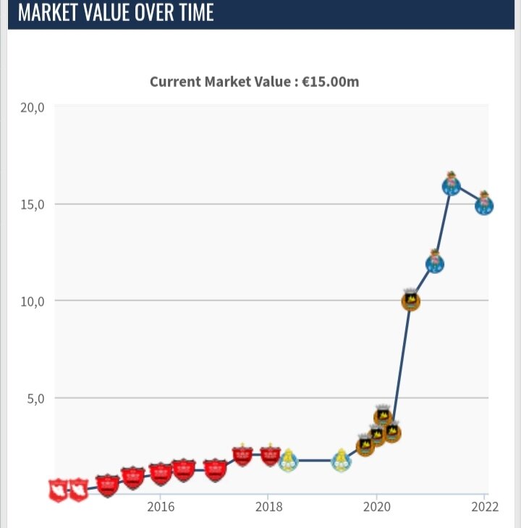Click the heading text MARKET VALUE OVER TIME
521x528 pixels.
click(116, 13)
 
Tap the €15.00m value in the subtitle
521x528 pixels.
click(330, 81)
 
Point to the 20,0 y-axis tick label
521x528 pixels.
click(33, 107)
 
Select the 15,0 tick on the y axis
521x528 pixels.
click(33, 204)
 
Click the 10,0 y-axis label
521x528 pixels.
click(33, 301)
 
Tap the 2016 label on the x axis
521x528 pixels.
click(161, 507)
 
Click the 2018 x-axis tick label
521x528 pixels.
click(268, 507)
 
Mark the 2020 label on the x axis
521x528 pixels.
click(376, 507)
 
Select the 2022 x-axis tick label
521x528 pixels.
click(484, 507)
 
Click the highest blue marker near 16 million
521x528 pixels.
click(451, 185)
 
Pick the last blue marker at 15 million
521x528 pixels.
click(484, 205)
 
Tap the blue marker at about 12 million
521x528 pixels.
click(434, 264)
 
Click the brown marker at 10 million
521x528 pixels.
click(410, 301)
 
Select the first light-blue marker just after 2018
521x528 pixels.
click(288, 460)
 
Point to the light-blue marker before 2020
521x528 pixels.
click(342, 460)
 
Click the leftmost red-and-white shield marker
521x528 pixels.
click(59, 490)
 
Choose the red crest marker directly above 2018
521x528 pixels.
click(270, 455)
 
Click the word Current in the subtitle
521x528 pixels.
click(174, 81)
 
